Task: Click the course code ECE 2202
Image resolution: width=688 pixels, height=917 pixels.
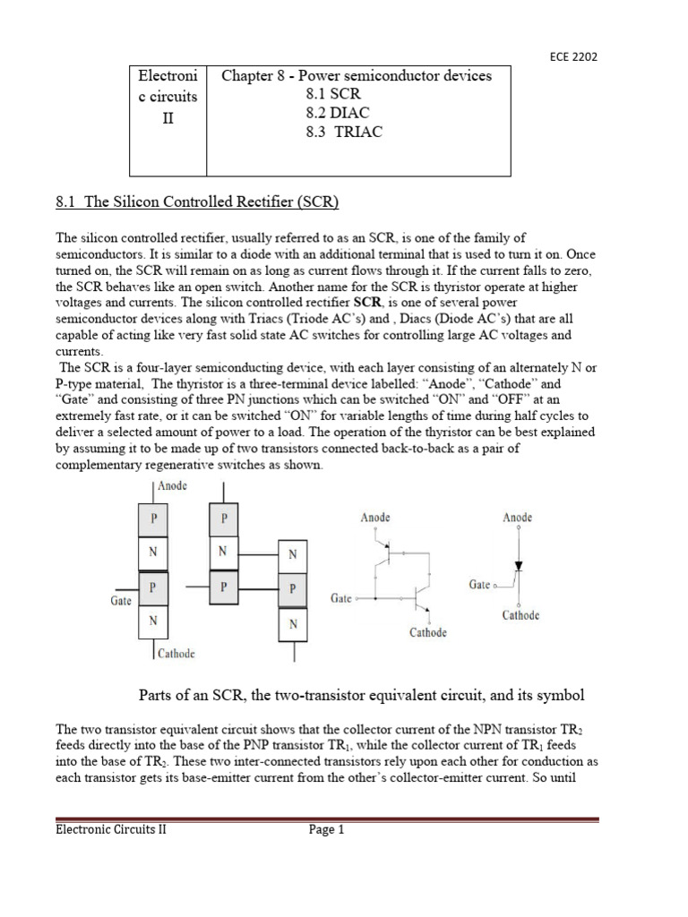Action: [x=572, y=56]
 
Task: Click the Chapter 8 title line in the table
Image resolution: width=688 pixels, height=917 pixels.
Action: [x=357, y=76]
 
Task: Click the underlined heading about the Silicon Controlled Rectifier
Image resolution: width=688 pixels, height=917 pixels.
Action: [x=197, y=202]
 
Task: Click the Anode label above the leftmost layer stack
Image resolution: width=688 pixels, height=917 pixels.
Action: [x=173, y=486]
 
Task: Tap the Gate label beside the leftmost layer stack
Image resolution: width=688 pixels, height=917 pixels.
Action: [x=121, y=601]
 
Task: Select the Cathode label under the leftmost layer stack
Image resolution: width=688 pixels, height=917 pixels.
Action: [x=176, y=654]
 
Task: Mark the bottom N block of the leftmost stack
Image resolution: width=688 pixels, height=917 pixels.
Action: [x=153, y=620]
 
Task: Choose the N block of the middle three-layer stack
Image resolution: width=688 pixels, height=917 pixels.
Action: [x=224, y=553]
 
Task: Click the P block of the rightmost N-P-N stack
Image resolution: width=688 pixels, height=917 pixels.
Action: [x=293, y=589]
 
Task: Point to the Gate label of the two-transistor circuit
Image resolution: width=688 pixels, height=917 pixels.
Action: [x=341, y=597]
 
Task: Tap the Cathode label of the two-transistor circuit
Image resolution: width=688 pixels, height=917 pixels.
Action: [x=428, y=633]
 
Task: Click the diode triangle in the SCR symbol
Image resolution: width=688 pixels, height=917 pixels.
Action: [x=517, y=567]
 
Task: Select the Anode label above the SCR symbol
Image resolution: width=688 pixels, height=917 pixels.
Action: [x=518, y=518]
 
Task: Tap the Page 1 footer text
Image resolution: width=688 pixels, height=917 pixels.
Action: [x=327, y=830]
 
